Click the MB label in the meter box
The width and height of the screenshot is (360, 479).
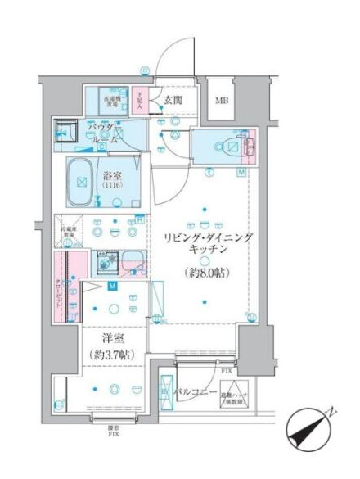222,102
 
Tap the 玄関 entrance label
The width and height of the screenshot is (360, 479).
173,101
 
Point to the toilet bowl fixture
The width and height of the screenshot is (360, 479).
225,148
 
